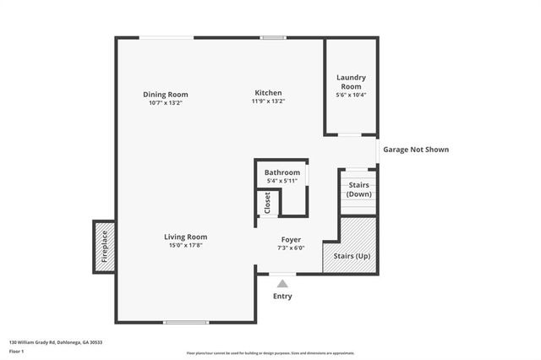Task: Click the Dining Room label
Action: [x=165, y=94]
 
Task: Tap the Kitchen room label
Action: [x=269, y=93]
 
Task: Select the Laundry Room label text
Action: [x=351, y=82]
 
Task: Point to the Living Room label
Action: [x=185, y=237]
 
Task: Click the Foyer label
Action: [x=290, y=240]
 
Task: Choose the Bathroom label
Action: [x=281, y=172]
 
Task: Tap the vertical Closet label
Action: [x=267, y=203]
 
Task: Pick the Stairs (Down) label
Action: [x=358, y=189]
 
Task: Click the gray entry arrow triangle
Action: [x=282, y=284]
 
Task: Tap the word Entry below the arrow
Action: [x=282, y=297]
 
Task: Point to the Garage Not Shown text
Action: [x=416, y=150]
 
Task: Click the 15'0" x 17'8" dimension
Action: [x=185, y=246]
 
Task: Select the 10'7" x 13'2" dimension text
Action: [x=165, y=102]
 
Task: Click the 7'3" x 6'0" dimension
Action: [x=290, y=248]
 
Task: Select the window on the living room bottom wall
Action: [x=186, y=322]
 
